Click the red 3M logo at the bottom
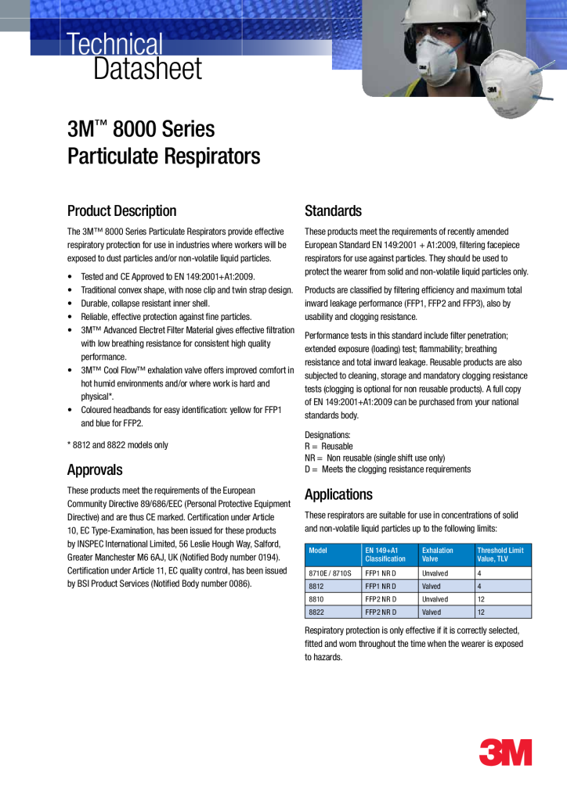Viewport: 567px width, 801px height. point(505,752)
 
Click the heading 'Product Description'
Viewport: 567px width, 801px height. point(121,210)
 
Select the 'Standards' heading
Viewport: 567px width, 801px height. point(333,210)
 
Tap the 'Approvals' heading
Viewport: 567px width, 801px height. point(95,470)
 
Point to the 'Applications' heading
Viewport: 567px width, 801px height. point(338,494)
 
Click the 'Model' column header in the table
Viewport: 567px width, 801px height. point(318,551)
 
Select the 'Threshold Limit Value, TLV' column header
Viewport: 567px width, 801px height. point(500,555)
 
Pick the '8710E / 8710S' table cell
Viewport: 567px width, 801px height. point(330,573)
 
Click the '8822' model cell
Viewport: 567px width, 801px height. point(316,612)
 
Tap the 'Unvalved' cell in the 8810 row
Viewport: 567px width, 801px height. point(435,598)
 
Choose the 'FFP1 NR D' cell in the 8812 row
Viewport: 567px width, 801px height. point(381,586)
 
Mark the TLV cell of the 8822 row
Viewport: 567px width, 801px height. point(481,612)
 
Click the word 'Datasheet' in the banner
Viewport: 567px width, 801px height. point(147,69)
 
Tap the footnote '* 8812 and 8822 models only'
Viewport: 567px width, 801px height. point(117,445)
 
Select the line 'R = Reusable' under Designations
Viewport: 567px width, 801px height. point(328,446)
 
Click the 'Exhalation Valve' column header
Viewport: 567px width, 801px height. point(438,555)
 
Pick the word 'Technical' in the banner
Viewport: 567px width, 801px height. point(115,44)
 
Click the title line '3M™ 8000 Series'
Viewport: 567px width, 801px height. point(141,128)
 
